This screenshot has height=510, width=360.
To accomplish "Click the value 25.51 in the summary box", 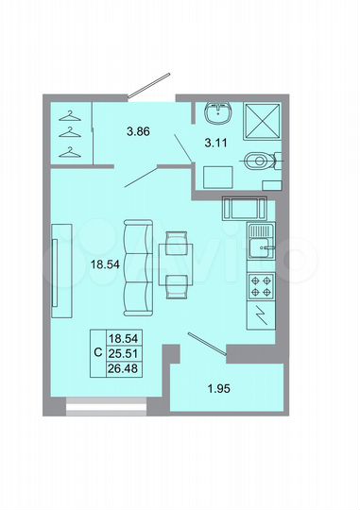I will coord(123,351).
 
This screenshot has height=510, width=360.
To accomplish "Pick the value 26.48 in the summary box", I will coord(123,366).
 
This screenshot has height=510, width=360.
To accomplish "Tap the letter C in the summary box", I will coord(99,352).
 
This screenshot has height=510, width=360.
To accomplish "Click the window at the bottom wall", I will coord(106,408).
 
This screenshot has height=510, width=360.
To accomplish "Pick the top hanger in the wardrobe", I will coord(68,116).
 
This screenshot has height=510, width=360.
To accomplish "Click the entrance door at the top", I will coord(150,86).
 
